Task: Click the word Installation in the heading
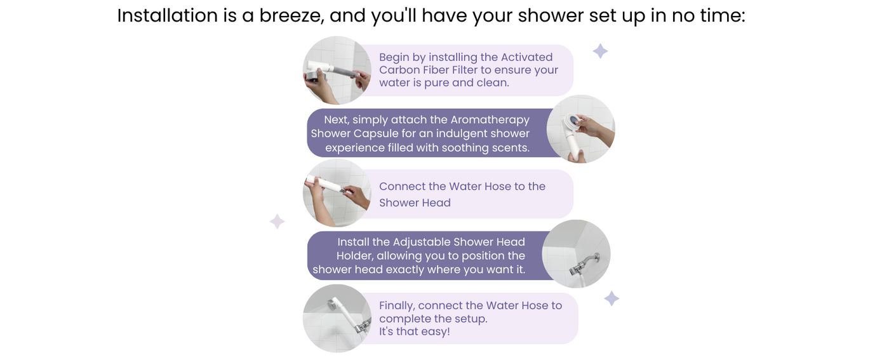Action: coord(167,16)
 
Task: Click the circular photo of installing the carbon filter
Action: coord(337,70)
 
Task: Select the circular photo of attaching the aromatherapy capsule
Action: coord(580,129)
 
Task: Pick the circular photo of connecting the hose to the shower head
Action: coord(337,193)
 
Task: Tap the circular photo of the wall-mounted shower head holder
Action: coord(577,253)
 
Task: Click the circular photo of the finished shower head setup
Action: coord(337,318)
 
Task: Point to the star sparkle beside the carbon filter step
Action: coord(601,51)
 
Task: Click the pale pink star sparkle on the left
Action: coord(277,222)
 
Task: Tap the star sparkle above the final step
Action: coord(612,298)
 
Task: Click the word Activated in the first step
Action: coord(526,57)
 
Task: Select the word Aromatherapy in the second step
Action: coord(490,120)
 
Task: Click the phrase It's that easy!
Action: coord(414,331)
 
